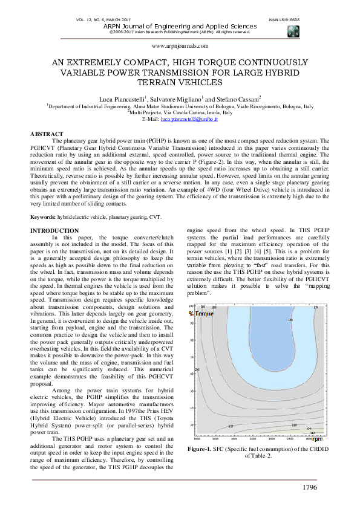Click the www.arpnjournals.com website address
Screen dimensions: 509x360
pyautogui.click(x=180, y=46)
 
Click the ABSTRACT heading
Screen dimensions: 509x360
pyautogui.click(x=47, y=134)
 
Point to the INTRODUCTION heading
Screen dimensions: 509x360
pyautogui.click(x=54, y=231)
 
